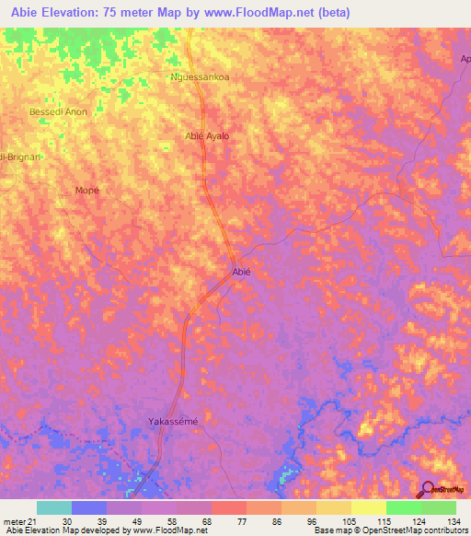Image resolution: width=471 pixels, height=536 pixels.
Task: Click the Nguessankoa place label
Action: pos(201,77)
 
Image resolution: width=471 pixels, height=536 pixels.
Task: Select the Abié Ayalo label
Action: pos(207,136)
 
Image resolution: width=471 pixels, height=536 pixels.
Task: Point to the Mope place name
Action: pos(86,191)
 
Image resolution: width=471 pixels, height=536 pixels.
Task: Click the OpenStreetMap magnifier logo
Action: pos(428,489)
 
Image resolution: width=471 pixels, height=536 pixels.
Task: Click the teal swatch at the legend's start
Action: pos(53,507)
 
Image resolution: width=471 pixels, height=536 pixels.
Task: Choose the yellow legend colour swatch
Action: pos(368,507)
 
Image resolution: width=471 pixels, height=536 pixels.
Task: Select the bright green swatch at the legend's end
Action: pos(438,507)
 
